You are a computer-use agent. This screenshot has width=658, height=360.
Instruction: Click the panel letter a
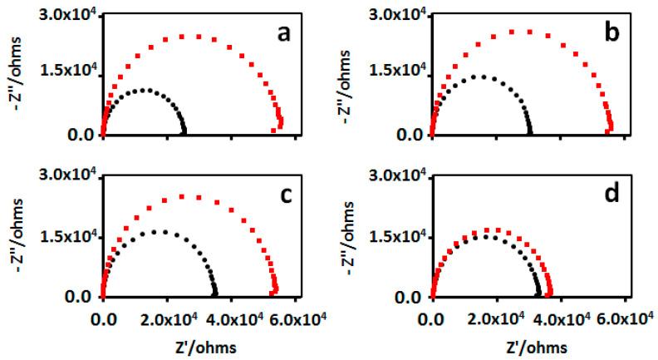pyautogui.click(x=282, y=36)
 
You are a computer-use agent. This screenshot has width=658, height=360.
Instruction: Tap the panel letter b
pyautogui.click(x=611, y=36)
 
